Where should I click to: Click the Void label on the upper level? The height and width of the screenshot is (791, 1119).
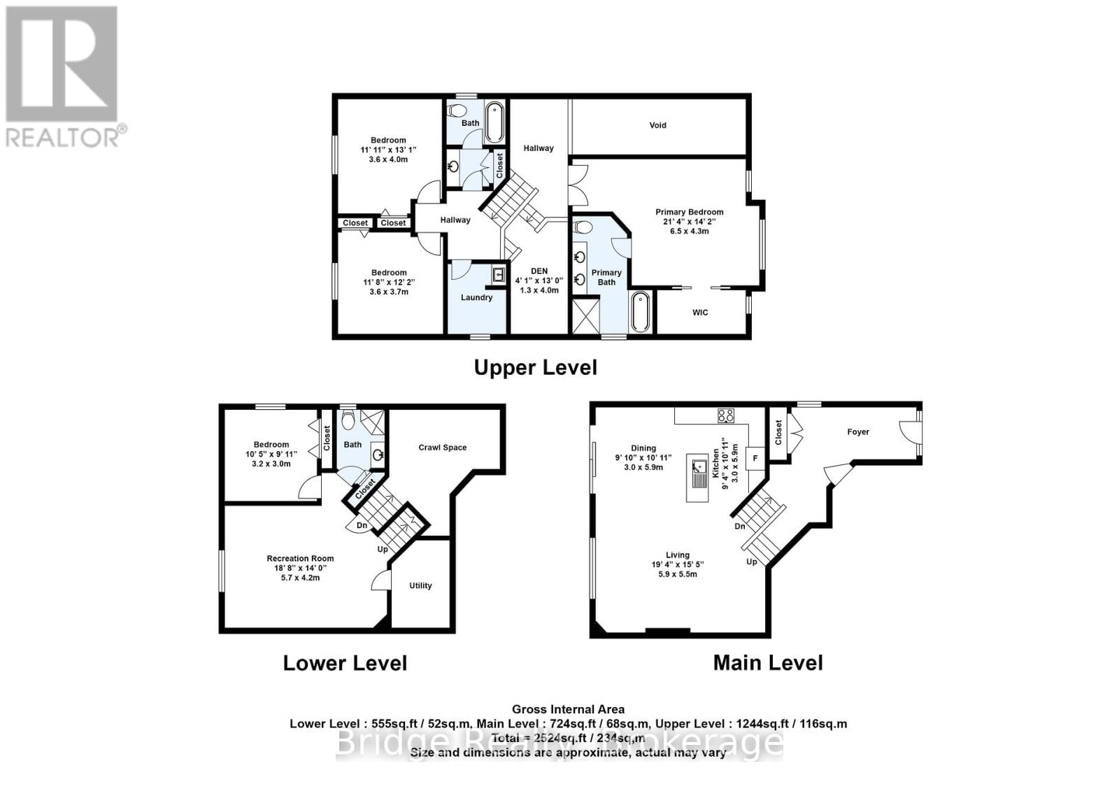[x=657, y=125]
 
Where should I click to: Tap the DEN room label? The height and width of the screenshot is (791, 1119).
[x=539, y=271]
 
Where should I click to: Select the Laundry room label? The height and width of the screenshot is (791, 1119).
[x=476, y=297]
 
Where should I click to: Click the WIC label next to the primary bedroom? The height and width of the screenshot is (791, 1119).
[x=700, y=312]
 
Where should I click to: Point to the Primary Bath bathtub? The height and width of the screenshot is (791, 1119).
[x=641, y=312]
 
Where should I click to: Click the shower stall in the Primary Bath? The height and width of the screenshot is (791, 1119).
[x=586, y=315]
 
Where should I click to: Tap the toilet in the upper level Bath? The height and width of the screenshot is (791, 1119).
[x=457, y=111]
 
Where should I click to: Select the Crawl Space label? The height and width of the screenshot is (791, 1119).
[x=442, y=448]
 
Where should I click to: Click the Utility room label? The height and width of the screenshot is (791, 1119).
[x=420, y=585]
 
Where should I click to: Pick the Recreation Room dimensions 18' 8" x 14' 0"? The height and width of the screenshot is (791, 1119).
[x=300, y=569]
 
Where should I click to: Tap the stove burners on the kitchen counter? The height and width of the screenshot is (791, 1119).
[x=725, y=415]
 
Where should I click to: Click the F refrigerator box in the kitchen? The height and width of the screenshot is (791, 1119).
[x=755, y=458]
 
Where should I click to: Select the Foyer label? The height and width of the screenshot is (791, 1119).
[x=858, y=432]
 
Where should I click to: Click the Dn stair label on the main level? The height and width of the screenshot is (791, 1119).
[x=739, y=526]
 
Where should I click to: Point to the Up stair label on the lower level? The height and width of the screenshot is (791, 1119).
[x=383, y=549]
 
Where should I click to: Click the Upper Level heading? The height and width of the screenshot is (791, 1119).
[x=535, y=367]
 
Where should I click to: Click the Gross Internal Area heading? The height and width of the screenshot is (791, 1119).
[x=568, y=709]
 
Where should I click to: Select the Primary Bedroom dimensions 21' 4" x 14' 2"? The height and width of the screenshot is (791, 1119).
[x=689, y=222]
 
